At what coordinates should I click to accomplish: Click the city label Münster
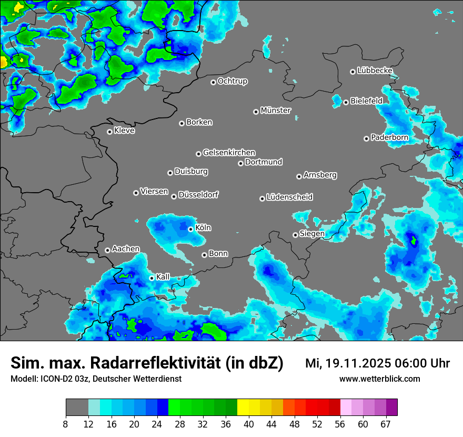coord(276,111)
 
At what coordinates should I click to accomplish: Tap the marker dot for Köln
coord(190,229)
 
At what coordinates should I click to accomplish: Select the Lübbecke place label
coord(375,71)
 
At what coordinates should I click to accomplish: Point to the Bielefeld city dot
coord(346,102)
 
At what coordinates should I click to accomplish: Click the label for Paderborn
coord(389,137)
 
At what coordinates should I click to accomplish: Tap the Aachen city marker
coord(107,250)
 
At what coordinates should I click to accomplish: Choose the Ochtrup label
coord(232,81)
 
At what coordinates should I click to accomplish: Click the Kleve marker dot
coord(109,132)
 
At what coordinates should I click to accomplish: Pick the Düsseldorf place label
coord(198,195)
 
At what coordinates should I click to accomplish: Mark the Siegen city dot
coord(295,235)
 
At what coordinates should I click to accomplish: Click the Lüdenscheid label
coord(289,197)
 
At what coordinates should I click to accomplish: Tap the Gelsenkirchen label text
coord(229,153)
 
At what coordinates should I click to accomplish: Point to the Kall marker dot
coord(152,278)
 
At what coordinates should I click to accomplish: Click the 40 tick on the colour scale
coord(249,424)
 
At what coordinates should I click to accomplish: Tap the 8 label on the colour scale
coord(66,424)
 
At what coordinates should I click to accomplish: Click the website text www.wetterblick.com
coord(380,379)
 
